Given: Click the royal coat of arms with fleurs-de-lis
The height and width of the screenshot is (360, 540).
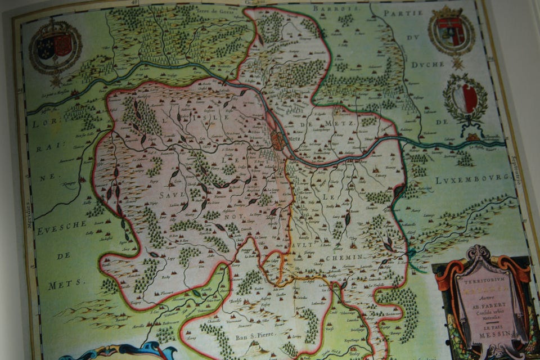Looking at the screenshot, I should pos(55,47).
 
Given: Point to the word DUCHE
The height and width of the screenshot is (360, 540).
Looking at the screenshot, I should pos(427,64).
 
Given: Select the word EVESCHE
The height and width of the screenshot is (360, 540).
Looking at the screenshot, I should pos(60,232).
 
